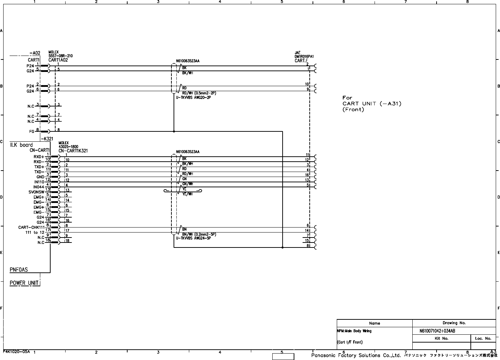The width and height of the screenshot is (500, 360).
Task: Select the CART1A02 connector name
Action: [x=58, y=60]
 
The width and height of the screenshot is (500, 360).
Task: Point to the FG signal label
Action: [x=32, y=131]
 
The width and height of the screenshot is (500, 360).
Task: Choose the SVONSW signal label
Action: [x=36, y=192]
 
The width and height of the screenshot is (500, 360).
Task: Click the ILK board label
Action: [x=21, y=145]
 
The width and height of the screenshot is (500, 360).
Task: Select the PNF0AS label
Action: [x=19, y=270]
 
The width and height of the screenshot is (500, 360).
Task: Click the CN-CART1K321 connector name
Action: [x=73, y=151]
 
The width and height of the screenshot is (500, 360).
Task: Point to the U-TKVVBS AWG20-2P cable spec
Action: [x=194, y=97]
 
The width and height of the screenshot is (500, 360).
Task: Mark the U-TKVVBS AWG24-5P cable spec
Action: [x=194, y=238]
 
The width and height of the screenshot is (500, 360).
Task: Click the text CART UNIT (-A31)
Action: [x=372, y=104]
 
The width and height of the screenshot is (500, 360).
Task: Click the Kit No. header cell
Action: [x=442, y=339]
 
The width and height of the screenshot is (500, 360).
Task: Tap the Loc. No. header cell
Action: [x=483, y=339]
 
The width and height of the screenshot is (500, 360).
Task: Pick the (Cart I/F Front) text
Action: [x=350, y=342]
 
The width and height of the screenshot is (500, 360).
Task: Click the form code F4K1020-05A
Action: [x=17, y=351]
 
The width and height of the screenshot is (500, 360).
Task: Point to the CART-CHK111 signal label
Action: [x=31, y=227]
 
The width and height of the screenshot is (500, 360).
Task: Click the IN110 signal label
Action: [x=39, y=182]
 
